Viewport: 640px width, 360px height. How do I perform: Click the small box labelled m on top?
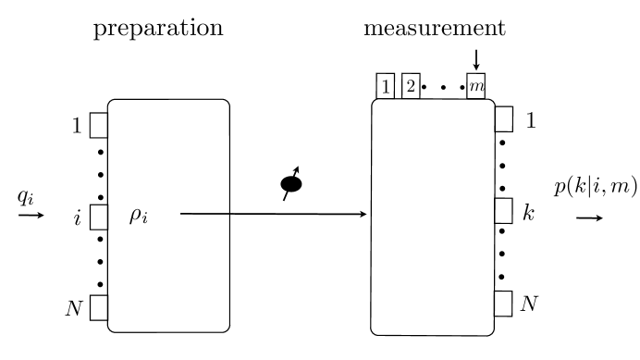[476, 87]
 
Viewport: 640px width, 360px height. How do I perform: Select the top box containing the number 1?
[385, 86]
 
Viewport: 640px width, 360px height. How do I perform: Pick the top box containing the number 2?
[411, 86]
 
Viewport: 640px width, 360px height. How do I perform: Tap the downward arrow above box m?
[476, 58]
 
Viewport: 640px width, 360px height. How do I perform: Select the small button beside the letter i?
[99, 215]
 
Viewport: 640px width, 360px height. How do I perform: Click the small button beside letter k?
[504, 212]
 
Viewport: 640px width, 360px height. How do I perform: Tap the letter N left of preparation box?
[75, 307]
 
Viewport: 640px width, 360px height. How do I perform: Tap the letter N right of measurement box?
[530, 303]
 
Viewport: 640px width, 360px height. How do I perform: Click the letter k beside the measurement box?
[528, 212]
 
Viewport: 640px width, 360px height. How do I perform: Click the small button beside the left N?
[99, 307]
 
